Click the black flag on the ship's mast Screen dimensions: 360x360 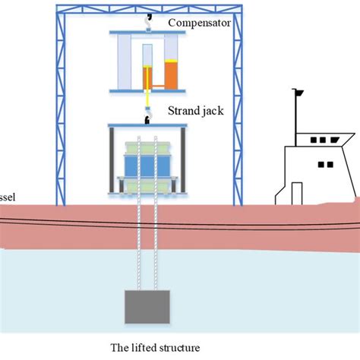[299, 93]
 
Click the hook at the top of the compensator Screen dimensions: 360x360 [147, 17]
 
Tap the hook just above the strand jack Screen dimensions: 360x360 [149, 115]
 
